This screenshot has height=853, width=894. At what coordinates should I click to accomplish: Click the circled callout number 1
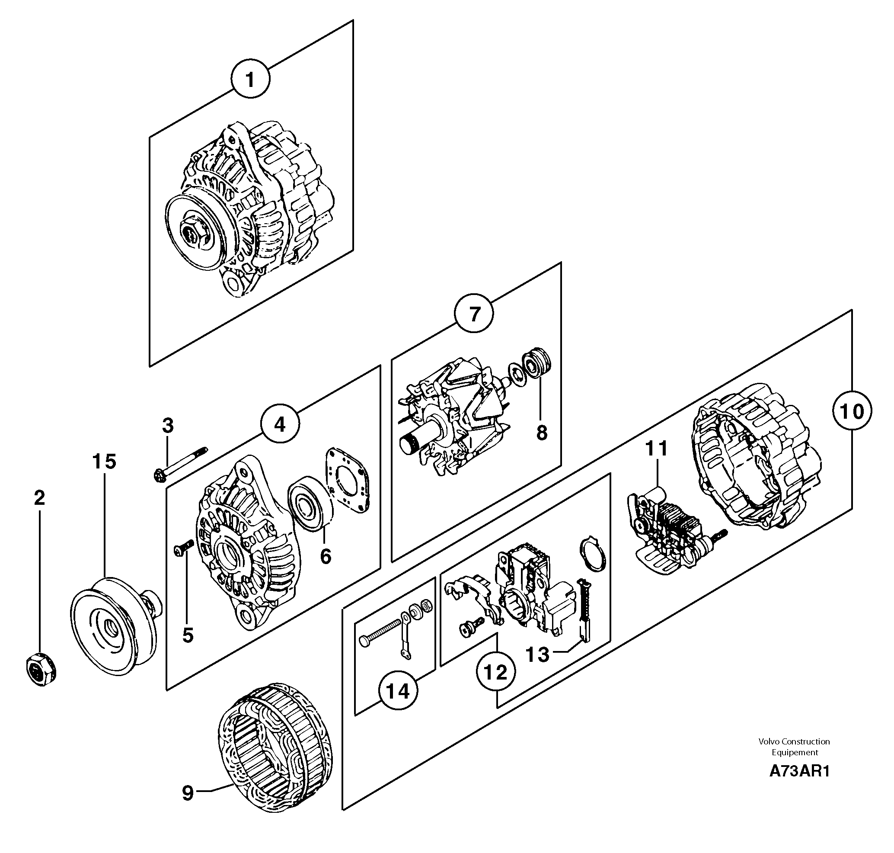249,80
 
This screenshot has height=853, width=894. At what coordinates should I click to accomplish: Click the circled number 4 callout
280,424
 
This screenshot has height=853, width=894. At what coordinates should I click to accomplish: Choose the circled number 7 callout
474,314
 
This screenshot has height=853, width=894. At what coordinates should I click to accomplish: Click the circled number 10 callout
852,411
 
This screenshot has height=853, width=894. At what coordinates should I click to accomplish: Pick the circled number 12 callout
496,672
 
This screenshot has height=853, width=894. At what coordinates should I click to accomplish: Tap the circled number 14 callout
398,692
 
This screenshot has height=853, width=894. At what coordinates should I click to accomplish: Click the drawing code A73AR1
799,771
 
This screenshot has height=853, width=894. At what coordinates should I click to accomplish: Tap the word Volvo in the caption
768,741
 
